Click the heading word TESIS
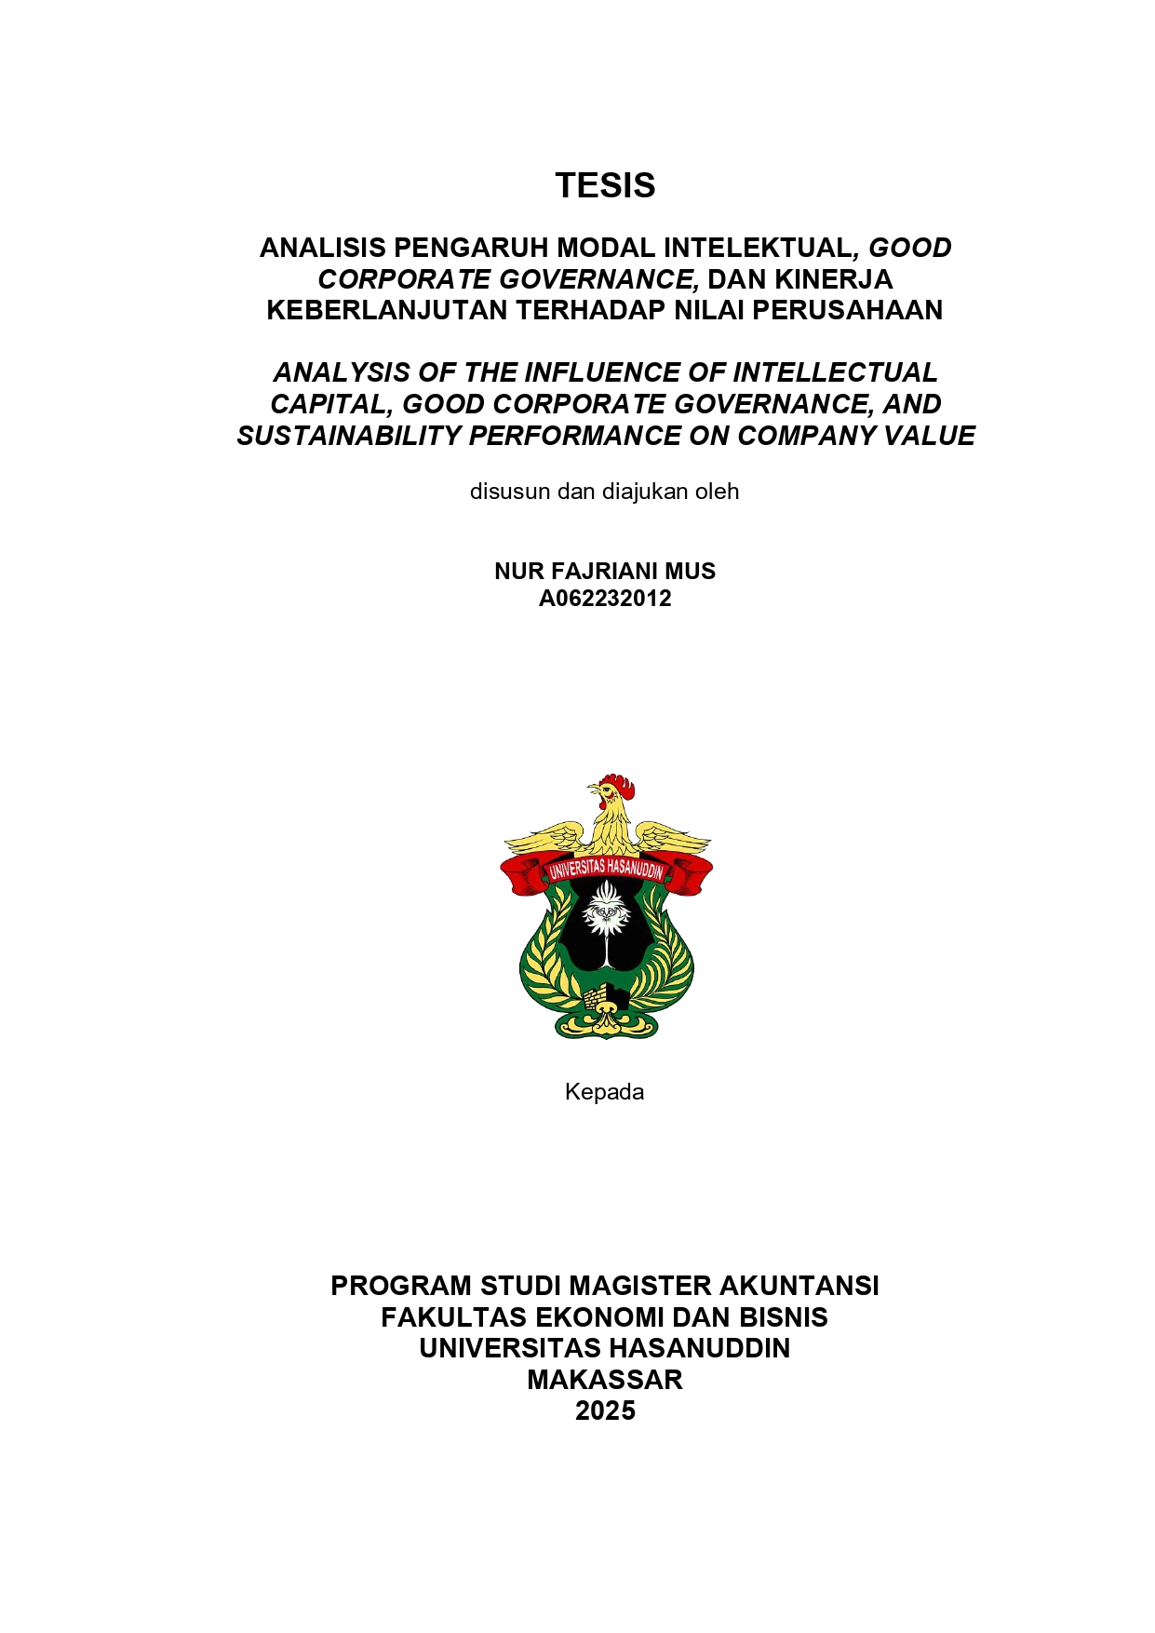tap(605, 185)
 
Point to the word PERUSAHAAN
tap(847, 310)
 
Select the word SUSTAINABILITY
tap(348, 436)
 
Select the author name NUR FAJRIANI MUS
tap(605, 571)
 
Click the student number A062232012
tap(605, 598)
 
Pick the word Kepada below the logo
tap(604, 1091)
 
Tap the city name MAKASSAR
tap(605, 1380)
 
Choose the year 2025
tap(605, 1410)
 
